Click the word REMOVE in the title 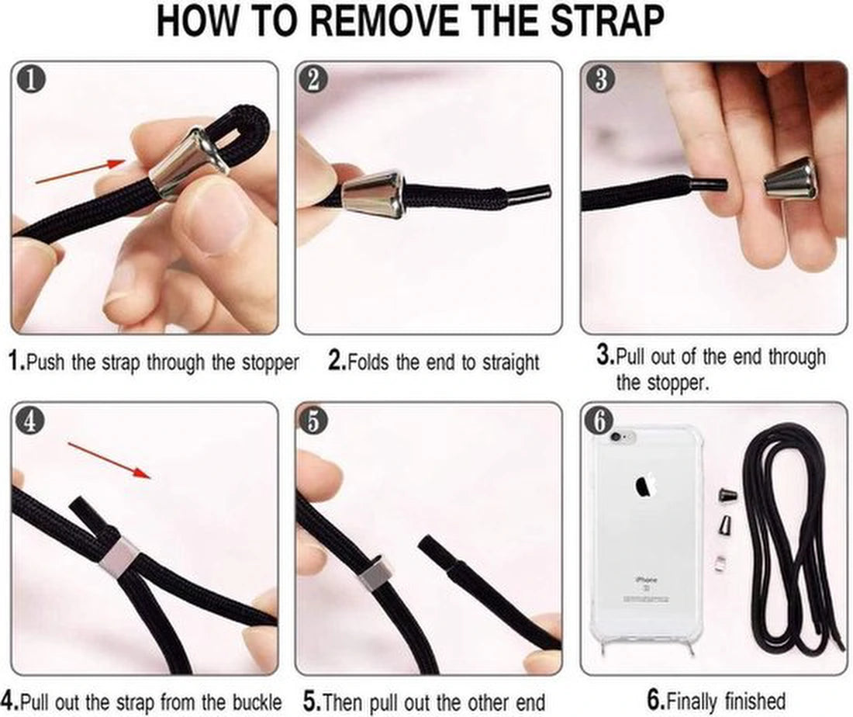[387, 21]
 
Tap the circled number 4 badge [30, 421]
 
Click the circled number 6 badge [599, 421]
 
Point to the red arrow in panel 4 [109, 461]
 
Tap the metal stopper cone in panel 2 [373, 194]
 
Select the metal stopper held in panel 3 [790, 180]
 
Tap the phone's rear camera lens [616, 437]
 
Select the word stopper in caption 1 [271, 362]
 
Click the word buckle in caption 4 [257, 702]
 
